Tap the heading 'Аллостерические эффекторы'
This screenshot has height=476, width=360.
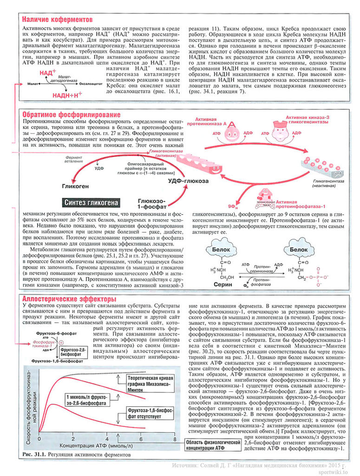pyautogui.click(x=69, y=298)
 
